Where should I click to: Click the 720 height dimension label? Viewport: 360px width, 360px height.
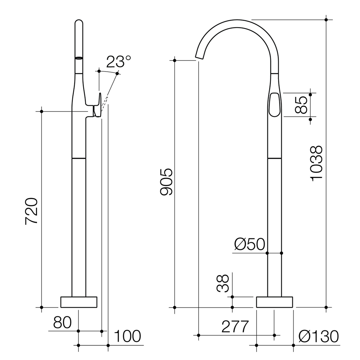(x=31, y=211)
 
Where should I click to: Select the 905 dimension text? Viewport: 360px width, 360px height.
(x=166, y=182)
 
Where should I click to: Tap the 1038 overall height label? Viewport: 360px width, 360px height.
(x=316, y=162)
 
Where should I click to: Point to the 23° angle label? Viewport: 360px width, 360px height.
(x=115, y=62)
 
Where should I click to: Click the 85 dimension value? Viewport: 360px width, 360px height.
(x=301, y=105)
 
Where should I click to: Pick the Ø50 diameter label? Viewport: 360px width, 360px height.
(x=249, y=244)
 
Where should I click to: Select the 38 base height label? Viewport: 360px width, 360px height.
(x=223, y=283)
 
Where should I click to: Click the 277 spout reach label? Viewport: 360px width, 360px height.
(x=235, y=327)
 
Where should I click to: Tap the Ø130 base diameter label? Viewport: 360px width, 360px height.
(x=319, y=337)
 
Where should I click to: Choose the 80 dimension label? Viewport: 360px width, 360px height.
(x=62, y=322)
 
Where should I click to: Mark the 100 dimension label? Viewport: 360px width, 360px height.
(x=127, y=336)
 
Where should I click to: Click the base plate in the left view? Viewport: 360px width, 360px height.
(x=79, y=302)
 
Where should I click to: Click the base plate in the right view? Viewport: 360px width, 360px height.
(x=274, y=302)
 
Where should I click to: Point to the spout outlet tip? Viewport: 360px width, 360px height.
(x=199, y=58)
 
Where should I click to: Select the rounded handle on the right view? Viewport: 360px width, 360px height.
(x=274, y=105)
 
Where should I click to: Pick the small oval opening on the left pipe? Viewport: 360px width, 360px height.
(x=79, y=58)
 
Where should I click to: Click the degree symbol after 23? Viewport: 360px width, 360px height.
(x=128, y=58)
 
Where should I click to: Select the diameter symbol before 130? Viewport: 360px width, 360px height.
(x=305, y=336)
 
